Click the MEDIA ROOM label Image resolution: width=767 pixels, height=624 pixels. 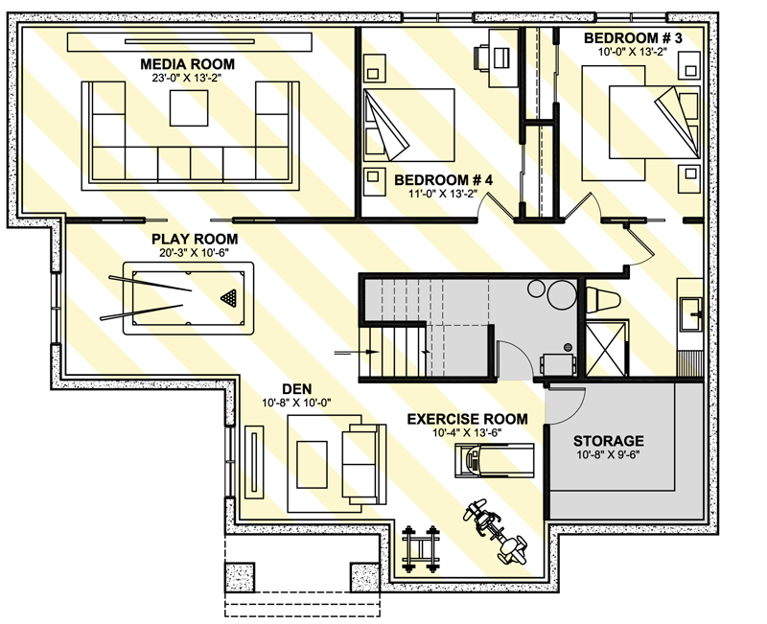click(187, 63)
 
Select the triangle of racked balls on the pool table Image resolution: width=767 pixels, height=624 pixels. click(228, 296)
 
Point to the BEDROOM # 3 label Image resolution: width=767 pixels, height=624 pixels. click(634, 38)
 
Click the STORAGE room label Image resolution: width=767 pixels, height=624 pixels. click(609, 441)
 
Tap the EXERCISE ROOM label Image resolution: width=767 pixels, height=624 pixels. click(467, 419)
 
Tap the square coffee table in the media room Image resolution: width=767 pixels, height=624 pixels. click(187, 110)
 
